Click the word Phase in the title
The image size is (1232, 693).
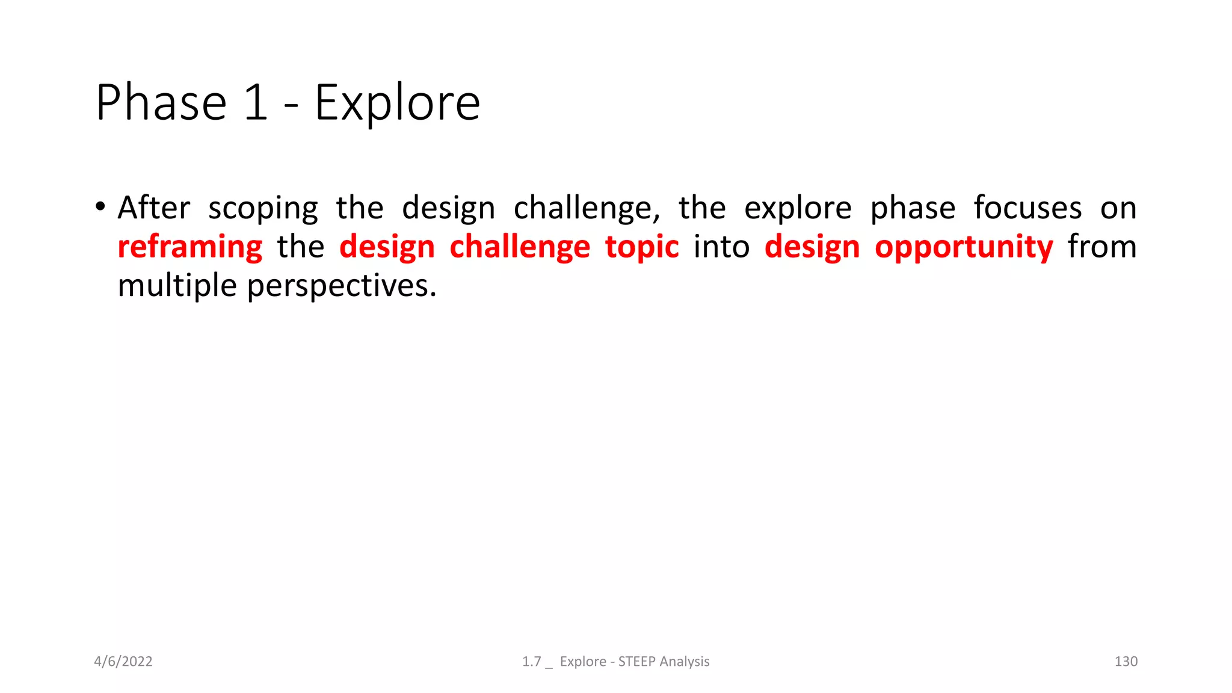click(161, 103)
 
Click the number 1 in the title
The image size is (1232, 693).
click(256, 103)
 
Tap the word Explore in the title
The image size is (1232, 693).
click(397, 103)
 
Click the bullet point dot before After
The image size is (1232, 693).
click(100, 208)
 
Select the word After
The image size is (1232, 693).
click(154, 208)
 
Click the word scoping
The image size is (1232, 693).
click(263, 209)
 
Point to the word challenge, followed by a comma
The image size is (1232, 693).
click(586, 209)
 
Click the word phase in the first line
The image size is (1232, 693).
click(913, 209)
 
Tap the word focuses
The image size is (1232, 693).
click(1027, 208)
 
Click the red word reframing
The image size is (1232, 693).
click(190, 248)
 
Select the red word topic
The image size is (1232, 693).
click(642, 248)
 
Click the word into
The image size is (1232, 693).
click(721, 247)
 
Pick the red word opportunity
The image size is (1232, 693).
click(964, 248)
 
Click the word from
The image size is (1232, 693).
click(1102, 247)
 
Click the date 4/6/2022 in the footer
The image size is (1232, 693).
click(123, 662)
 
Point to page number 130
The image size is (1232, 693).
click(1126, 662)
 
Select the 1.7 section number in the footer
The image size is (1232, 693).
click(531, 662)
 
